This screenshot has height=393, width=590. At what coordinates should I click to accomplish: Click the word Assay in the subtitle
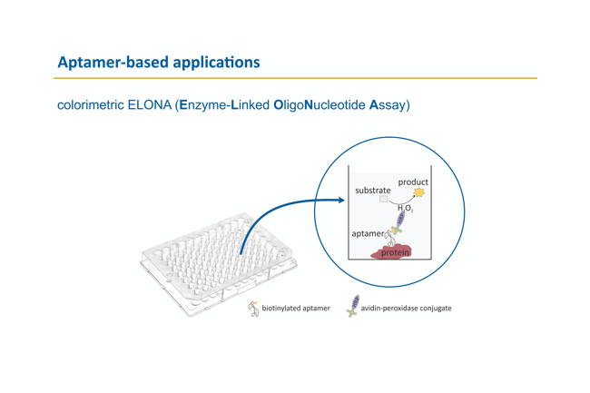pos(388,106)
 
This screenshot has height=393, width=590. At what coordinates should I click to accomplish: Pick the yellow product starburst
pos(418,192)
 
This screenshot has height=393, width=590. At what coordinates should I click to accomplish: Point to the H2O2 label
pos(405,209)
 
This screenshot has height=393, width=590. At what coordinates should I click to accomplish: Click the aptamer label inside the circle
pos(368,234)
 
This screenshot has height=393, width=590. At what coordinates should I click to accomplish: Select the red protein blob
pos(392,251)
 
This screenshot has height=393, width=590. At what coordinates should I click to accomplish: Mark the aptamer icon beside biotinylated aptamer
pos(253,309)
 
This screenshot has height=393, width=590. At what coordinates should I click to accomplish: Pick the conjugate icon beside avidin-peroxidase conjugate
pos(353,306)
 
